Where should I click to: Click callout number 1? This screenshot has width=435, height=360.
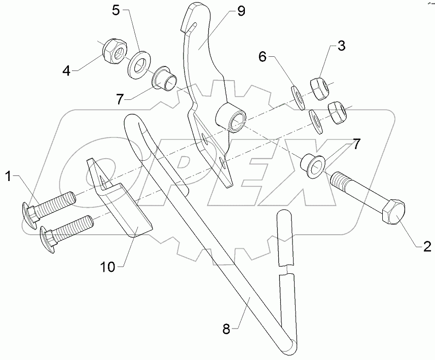pos(8,176)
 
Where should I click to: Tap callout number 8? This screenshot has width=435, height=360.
pos(226,330)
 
